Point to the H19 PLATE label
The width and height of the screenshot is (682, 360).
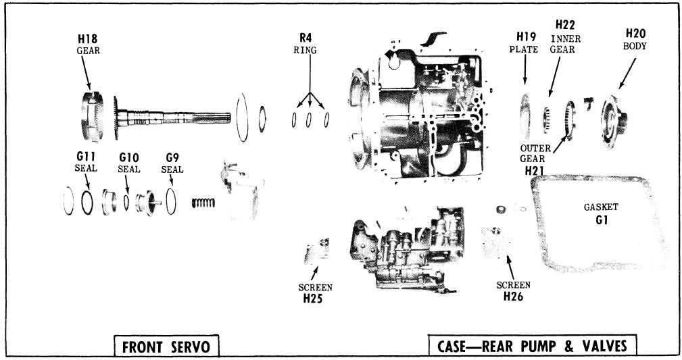(527, 43)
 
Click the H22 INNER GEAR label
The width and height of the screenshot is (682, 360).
(565, 36)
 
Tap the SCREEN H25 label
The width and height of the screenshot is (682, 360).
(315, 292)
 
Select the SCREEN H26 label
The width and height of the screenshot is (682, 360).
(514, 290)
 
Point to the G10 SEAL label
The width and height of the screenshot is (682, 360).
(128, 163)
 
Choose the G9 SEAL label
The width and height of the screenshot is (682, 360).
(172, 163)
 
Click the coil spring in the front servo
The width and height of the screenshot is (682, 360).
(201, 201)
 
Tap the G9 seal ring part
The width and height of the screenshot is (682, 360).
(172, 201)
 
